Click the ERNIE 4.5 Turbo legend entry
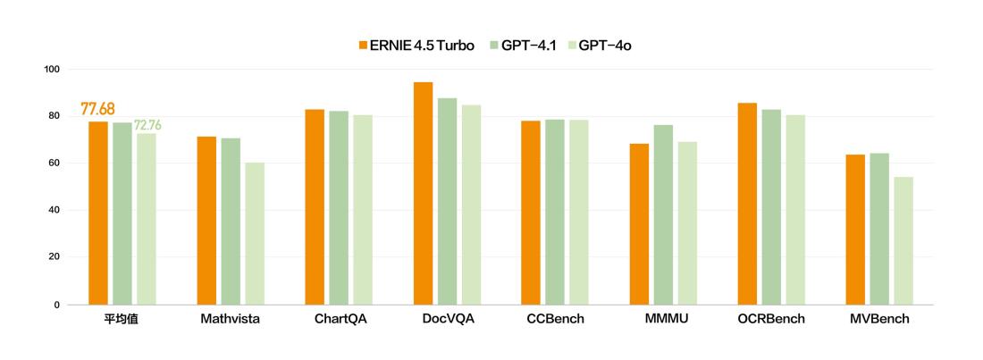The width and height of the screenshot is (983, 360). (416, 46)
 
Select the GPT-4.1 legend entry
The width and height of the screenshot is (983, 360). (523, 46)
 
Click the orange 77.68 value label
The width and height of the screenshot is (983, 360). (97, 109)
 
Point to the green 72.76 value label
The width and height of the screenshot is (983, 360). (148, 125)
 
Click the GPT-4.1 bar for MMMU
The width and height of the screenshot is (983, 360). (663, 214)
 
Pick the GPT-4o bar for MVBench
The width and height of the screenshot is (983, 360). (903, 240)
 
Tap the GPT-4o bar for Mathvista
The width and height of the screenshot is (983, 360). (255, 233)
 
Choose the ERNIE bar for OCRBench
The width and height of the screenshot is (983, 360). (747, 204)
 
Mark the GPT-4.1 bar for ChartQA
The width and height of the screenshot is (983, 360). (339, 207)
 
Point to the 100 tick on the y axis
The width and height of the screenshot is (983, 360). (51, 70)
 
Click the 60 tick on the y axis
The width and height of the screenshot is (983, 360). (55, 163)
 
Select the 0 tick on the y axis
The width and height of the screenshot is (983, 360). (57, 305)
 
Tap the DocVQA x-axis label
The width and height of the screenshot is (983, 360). (448, 319)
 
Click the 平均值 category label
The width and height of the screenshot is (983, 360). (122, 319)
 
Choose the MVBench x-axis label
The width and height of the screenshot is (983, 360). (879, 319)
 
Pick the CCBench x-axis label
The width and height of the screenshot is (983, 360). (555, 319)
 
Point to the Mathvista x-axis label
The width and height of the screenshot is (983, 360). (231, 319)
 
